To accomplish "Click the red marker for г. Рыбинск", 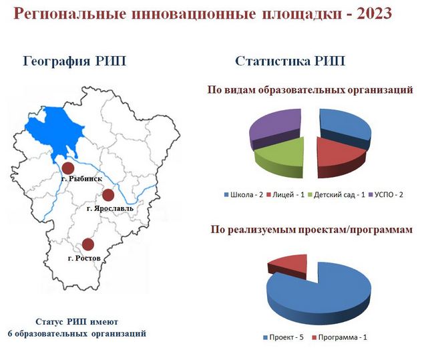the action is tap(68, 168).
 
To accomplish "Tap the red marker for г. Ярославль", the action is tap(108, 195).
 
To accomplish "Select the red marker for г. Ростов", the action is tap(88, 244).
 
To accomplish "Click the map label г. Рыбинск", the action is tap(81, 179).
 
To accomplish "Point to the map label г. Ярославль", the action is tap(110, 208).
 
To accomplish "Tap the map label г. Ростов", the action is tap(84, 258).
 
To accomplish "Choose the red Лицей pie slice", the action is tap(339, 156).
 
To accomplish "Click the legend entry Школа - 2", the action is tap(244, 194).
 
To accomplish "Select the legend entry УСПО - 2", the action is tap(386, 194).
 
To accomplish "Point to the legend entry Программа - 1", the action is tap(340, 337).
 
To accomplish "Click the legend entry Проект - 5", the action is tap(283, 337).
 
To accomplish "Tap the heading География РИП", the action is tap(75, 61).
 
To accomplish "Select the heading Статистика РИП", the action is tap(290, 61).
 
